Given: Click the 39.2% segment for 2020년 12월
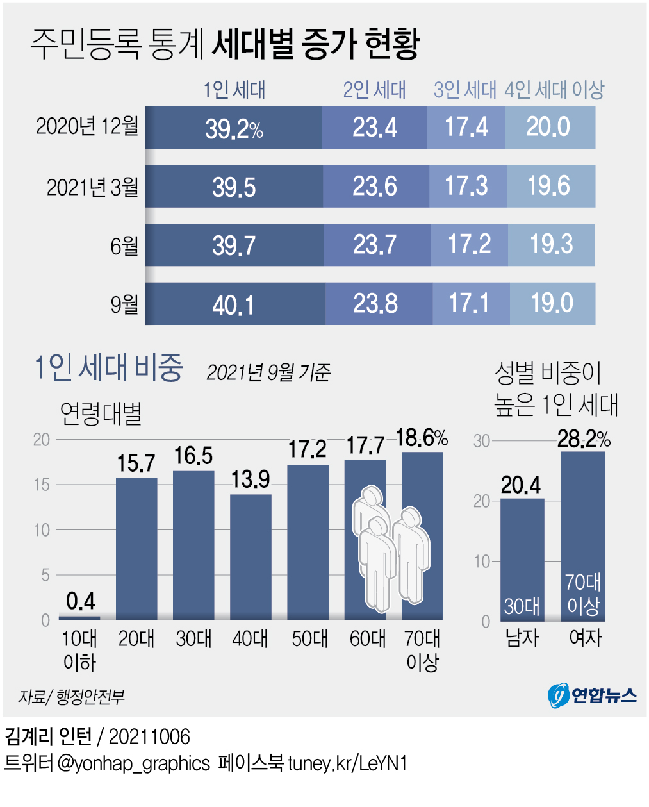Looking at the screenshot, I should (234, 128).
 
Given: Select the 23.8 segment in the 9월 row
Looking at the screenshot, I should (376, 304).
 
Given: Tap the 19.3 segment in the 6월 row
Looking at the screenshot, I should (551, 245).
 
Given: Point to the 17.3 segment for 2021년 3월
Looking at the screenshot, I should (466, 187).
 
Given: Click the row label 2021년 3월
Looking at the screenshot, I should (92, 187).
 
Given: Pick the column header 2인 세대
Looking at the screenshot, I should (374, 90).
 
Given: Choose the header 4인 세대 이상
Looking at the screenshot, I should (554, 90).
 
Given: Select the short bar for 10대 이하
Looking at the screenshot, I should (79, 618).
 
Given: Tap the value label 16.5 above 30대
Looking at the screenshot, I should (193, 456).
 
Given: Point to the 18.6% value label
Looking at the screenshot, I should (421, 438).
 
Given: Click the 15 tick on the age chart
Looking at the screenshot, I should (42, 485).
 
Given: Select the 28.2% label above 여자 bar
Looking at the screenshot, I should (583, 439).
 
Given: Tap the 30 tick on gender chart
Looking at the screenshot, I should (482, 441).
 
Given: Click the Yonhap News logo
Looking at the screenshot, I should (592, 695).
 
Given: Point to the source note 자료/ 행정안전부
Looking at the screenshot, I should (71, 697).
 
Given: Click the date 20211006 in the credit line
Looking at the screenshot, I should (149, 737).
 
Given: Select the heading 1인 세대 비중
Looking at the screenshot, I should (108, 368).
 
